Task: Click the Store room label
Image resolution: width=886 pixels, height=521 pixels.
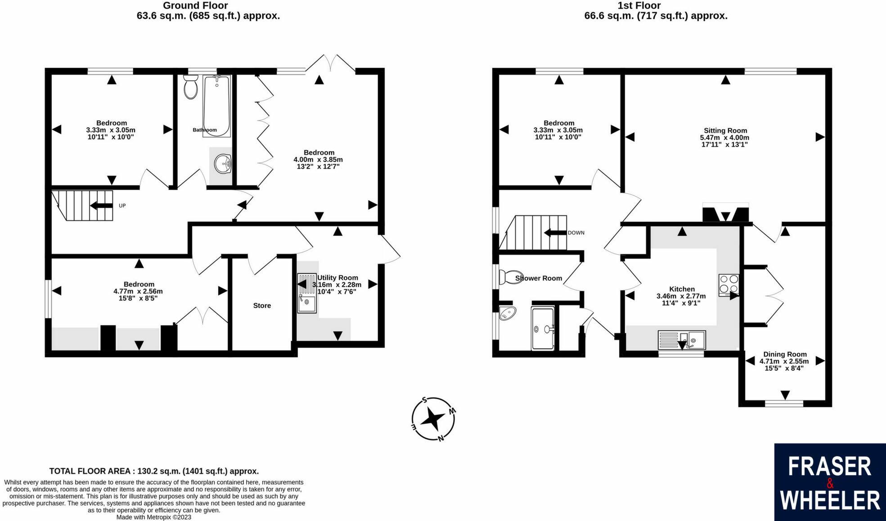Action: click(262, 305)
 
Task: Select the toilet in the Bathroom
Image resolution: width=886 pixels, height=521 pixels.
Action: click(191, 87)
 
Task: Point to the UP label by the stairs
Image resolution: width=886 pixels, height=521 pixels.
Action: click(122, 206)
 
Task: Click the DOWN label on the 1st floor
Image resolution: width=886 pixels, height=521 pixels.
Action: click(576, 233)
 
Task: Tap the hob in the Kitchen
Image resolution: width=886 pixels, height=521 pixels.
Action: click(729, 285)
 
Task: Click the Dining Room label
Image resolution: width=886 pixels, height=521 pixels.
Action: click(785, 354)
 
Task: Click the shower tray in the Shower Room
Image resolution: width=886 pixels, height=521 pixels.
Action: click(543, 328)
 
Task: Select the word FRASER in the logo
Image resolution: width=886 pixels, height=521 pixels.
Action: click(829, 467)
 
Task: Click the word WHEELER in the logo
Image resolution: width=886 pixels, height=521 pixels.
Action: click(830, 500)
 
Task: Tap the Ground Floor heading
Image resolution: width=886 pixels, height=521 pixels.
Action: click(195, 6)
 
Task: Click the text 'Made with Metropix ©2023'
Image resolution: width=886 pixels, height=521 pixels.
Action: click(154, 517)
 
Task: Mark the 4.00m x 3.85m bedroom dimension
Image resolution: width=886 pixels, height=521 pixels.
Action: click(318, 159)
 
